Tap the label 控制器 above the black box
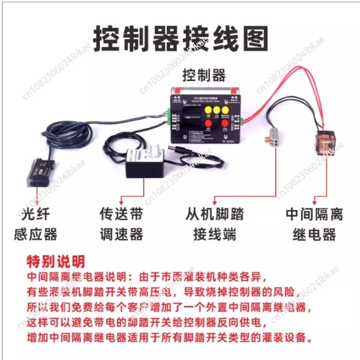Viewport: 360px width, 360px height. [204, 75]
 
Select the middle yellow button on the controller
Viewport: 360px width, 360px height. [216, 110]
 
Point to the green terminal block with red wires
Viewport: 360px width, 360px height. [243, 120]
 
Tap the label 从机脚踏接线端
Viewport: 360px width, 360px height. [215, 224]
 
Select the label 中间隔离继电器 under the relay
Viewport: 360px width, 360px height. [314, 224]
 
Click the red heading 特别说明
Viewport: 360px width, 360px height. [56, 261]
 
